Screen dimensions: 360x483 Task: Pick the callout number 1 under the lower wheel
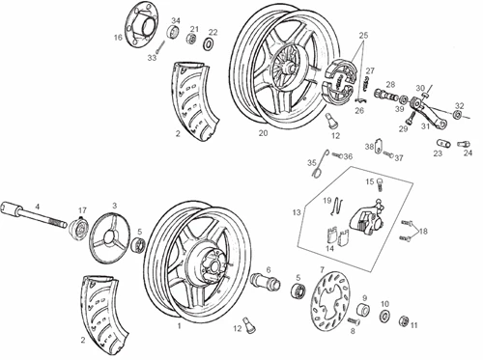click(178, 326)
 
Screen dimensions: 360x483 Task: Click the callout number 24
click(468, 152)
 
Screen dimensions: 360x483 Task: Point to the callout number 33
click(152, 58)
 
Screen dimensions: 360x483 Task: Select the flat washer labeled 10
click(384, 315)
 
